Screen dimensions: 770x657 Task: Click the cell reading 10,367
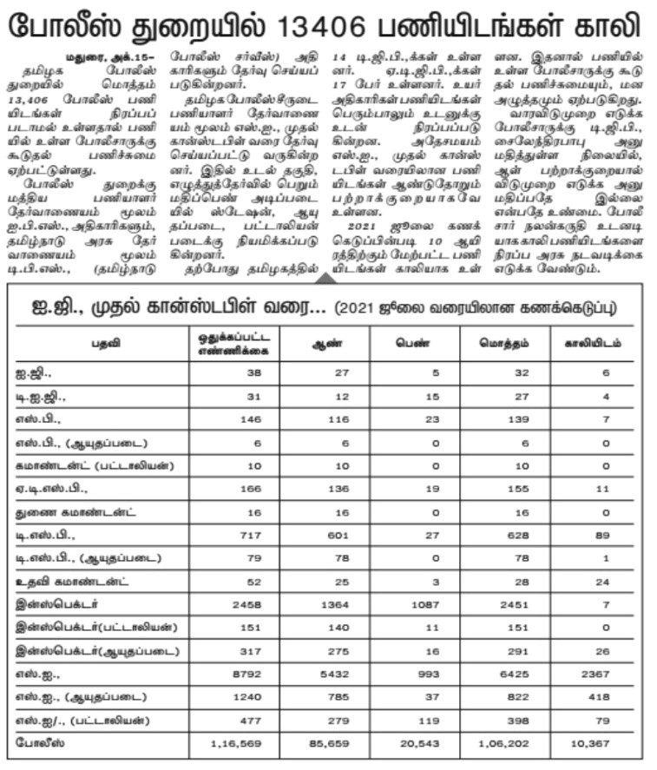pyautogui.click(x=593, y=743)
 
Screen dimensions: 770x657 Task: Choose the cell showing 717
pyautogui.click(x=248, y=535)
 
